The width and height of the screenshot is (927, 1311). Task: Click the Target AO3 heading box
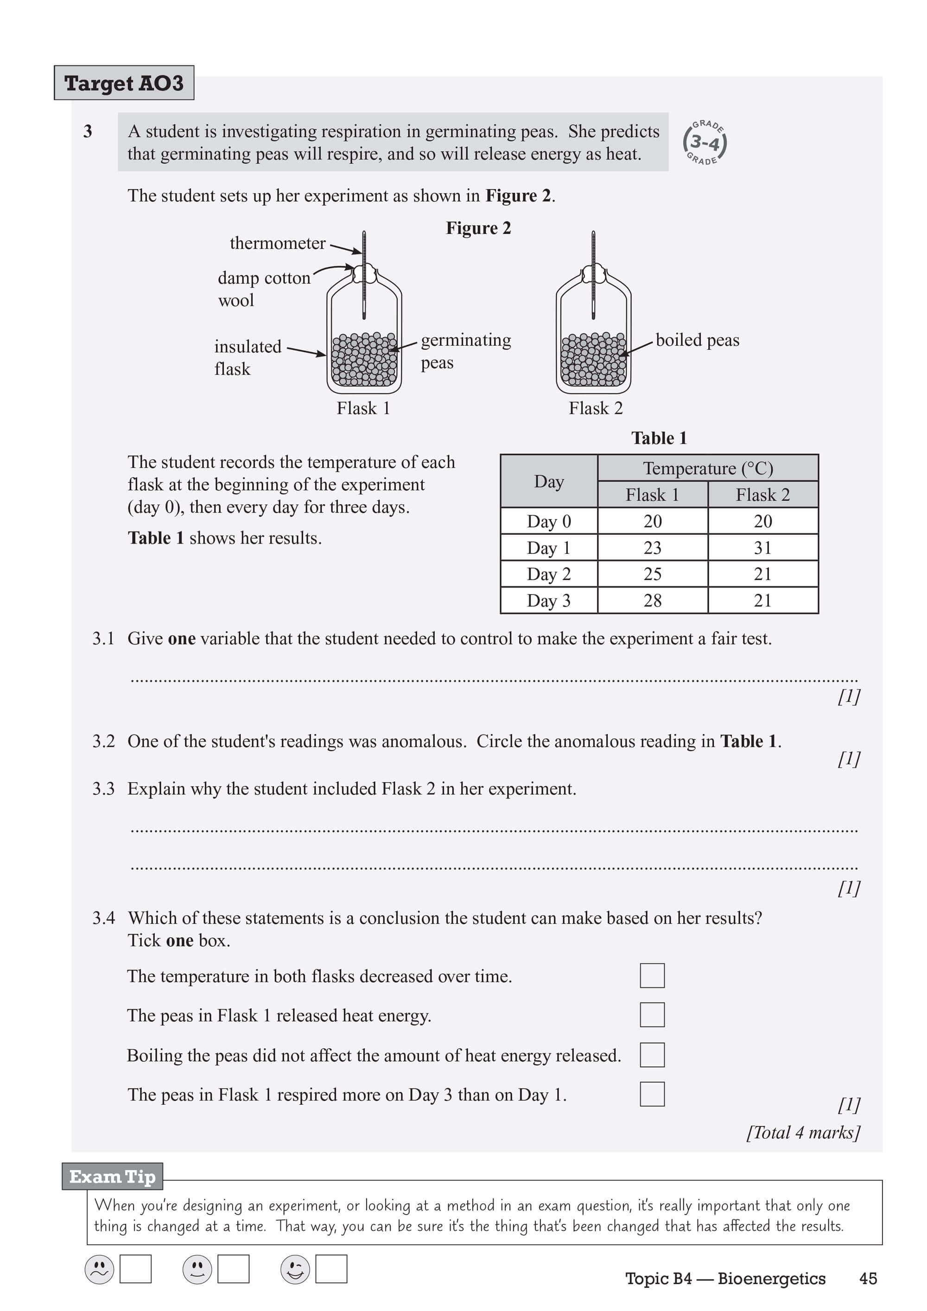(x=124, y=83)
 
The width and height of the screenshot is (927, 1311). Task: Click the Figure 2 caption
(x=478, y=228)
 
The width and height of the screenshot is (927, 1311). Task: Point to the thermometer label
(x=278, y=243)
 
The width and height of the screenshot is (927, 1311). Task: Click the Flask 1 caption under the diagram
(x=363, y=408)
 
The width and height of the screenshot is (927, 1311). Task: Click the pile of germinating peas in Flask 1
(x=364, y=360)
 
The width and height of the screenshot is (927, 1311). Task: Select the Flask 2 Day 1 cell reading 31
(x=762, y=548)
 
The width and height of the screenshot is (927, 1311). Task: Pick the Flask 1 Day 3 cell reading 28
(x=652, y=600)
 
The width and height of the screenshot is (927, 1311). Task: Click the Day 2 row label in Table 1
(x=548, y=574)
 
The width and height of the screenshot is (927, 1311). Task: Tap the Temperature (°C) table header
(x=708, y=468)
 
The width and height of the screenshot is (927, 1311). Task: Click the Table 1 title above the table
(x=659, y=438)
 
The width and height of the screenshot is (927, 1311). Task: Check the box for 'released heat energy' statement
(x=652, y=1015)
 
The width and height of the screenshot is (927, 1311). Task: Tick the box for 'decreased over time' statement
(x=652, y=975)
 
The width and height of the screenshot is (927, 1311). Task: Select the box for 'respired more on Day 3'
(x=652, y=1094)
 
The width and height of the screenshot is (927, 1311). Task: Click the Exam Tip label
(x=113, y=1177)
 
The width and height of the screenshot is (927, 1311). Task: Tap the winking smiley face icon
(x=295, y=1269)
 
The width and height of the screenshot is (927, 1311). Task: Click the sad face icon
(x=99, y=1269)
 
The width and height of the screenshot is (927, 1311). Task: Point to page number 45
(x=868, y=1279)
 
